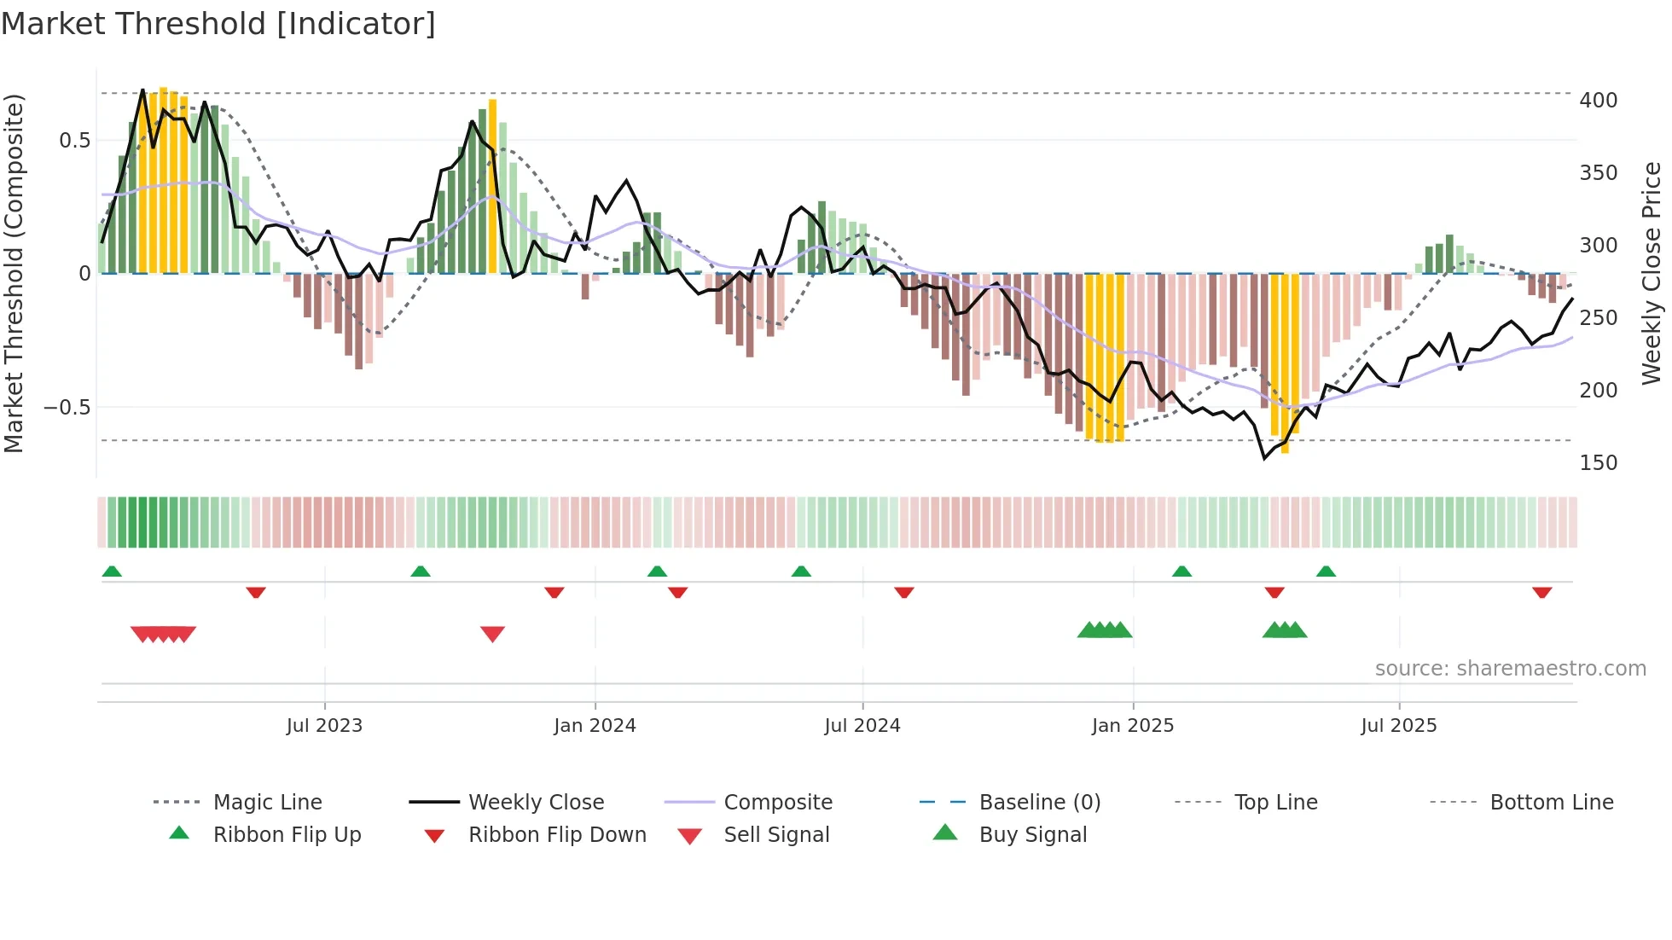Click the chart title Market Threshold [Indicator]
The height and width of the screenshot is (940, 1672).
click(x=218, y=24)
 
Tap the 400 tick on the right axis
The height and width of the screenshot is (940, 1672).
click(x=1598, y=101)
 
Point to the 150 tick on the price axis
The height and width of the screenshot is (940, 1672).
click(x=1598, y=463)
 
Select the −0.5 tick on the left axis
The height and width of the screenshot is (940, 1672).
click(x=67, y=408)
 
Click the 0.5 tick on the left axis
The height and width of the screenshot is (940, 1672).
click(x=74, y=141)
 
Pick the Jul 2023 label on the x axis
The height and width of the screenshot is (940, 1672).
click(x=324, y=726)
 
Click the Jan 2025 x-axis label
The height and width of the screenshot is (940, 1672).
click(x=1132, y=726)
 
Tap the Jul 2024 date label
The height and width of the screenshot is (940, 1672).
click(x=862, y=726)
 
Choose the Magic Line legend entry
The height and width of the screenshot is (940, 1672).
click(x=267, y=803)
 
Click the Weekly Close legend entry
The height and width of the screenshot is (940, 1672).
click(x=536, y=803)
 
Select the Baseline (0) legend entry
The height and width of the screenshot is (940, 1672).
click(x=1039, y=803)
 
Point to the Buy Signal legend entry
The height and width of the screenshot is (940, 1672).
click(x=1032, y=835)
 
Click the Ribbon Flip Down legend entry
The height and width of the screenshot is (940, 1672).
click(x=557, y=835)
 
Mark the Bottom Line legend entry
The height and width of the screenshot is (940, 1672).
click(x=1551, y=803)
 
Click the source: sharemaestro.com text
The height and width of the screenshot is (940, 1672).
click(x=1510, y=669)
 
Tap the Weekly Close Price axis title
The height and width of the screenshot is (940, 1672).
click(x=1652, y=273)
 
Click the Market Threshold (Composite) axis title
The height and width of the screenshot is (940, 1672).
click(x=14, y=273)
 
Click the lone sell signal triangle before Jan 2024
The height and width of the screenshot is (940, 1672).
click(x=492, y=634)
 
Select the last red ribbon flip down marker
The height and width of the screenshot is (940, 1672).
click(x=1541, y=592)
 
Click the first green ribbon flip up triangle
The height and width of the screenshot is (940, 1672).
click(x=112, y=572)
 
